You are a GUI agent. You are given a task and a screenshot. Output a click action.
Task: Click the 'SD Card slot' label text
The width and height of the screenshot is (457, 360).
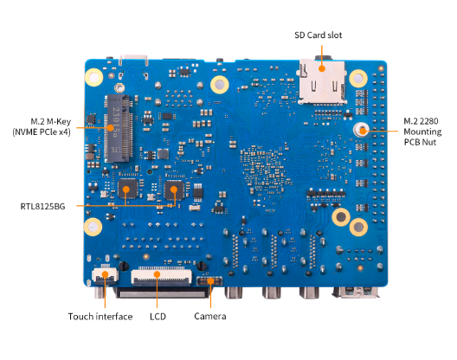click(x=318, y=35)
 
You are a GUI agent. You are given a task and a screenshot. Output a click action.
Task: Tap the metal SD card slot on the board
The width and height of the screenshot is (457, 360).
click(x=322, y=82)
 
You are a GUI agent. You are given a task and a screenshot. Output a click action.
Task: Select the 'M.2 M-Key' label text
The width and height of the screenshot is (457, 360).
click(x=51, y=121)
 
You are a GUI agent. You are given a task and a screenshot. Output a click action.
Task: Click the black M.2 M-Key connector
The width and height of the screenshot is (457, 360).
click(x=119, y=128)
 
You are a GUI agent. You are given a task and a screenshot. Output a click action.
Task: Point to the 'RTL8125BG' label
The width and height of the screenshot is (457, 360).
click(x=42, y=207)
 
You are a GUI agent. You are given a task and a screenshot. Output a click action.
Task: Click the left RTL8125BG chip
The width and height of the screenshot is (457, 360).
click(x=128, y=189)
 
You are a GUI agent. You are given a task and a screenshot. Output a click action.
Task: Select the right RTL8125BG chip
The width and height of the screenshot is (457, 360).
click(x=174, y=190)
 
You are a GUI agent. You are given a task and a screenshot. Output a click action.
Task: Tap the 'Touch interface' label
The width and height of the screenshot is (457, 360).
click(x=100, y=317)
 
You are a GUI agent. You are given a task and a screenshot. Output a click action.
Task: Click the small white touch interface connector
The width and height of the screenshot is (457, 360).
click(x=106, y=275)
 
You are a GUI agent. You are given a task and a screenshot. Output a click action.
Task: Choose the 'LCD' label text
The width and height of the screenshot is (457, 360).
click(x=158, y=317)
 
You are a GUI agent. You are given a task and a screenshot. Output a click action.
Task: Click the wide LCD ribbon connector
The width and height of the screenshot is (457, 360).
click(x=161, y=276)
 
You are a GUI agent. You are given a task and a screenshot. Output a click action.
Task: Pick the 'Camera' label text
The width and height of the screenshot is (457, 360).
click(x=209, y=316)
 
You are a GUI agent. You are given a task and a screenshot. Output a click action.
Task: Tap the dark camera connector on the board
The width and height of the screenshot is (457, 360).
click(x=209, y=281)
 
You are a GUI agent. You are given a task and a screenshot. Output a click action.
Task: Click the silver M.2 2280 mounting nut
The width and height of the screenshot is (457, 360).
click(x=361, y=130)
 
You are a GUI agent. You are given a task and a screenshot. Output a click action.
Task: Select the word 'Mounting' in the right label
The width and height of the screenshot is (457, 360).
click(x=422, y=132)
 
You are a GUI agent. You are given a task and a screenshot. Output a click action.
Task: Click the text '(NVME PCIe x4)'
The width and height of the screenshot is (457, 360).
click(x=42, y=132)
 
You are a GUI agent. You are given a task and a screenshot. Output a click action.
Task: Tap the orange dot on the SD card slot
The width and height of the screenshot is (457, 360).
click(x=322, y=68)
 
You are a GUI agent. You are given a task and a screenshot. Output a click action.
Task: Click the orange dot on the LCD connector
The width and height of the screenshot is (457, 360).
click(x=158, y=274)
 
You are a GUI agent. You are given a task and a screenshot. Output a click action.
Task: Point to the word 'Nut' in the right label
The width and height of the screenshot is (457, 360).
click(x=429, y=142)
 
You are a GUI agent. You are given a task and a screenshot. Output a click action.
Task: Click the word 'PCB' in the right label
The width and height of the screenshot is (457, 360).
click(x=412, y=142)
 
